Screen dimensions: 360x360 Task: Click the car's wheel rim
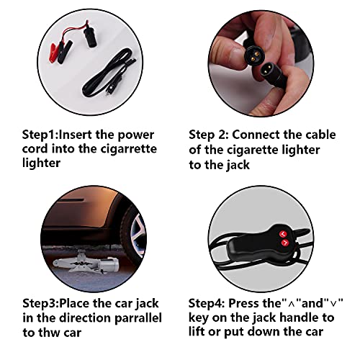click(138, 235)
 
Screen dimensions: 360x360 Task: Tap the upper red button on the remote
click(283, 234)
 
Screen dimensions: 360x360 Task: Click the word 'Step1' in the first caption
click(39, 135)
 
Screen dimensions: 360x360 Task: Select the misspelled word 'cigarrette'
click(128, 149)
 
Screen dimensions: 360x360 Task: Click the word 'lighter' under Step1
click(41, 163)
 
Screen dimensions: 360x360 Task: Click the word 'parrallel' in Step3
click(138, 318)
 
